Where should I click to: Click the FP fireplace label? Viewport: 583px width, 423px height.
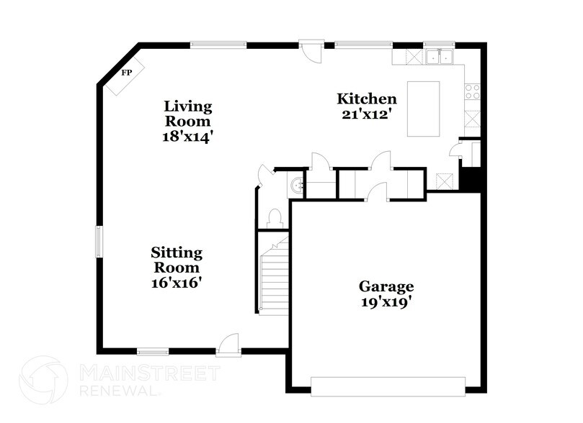tap(127, 73)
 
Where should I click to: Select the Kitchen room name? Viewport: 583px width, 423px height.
tap(368, 99)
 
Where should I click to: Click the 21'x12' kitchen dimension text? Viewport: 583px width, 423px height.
tap(368, 114)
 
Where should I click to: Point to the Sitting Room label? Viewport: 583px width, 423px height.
tap(176, 260)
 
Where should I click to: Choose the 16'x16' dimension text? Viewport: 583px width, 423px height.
tap(176, 283)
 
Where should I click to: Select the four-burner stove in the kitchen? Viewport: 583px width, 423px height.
tap(473, 91)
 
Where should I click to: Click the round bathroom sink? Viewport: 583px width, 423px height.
tap(295, 186)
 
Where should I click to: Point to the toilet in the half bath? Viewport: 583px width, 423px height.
tap(274, 217)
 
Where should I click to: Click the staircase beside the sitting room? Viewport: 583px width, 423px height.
tap(274, 277)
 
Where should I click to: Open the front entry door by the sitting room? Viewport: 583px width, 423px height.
tap(230, 345)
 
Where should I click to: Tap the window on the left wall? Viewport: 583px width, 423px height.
tap(99, 242)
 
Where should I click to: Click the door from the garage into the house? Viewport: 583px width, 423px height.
tap(376, 191)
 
